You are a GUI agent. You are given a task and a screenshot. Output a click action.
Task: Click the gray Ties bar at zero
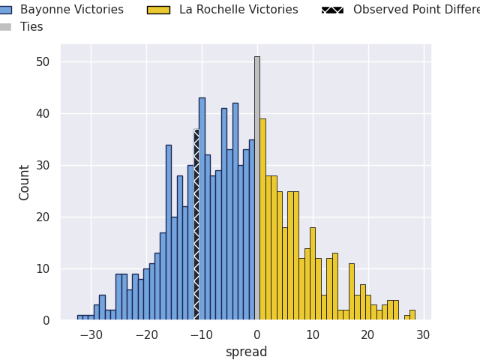click(256, 187)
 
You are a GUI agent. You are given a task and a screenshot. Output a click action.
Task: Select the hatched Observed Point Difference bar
click(196, 225)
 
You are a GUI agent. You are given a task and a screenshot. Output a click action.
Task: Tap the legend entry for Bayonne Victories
click(72, 10)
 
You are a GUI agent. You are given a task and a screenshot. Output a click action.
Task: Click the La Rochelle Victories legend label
click(238, 10)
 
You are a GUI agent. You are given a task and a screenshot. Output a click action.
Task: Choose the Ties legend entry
click(31, 27)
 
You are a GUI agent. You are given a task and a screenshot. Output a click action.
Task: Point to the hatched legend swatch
click(332, 10)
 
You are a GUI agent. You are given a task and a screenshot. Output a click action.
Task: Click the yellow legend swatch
click(158, 10)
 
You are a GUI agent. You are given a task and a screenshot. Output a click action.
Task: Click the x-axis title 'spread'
click(246, 352)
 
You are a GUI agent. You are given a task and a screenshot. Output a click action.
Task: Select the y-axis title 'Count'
click(25, 182)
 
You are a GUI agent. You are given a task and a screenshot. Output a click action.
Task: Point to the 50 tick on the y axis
click(42, 61)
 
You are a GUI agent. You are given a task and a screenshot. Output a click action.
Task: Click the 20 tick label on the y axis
click(42, 217)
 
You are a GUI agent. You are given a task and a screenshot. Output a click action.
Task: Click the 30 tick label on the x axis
click(423, 334)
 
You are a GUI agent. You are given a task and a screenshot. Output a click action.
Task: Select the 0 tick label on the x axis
click(257, 334)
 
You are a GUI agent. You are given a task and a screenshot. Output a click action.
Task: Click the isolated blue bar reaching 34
click(169, 232)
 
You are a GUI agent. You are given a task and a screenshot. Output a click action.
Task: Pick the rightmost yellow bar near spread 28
click(412, 315)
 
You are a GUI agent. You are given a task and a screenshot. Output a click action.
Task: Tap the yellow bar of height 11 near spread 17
click(351, 292)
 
